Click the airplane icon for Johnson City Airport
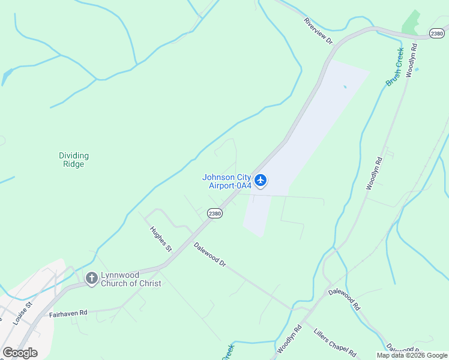[260, 180]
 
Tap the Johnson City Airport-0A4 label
[226, 181]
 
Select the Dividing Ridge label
[73, 160]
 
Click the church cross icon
[92, 278]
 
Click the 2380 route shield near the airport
[215, 213]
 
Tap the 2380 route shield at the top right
[438, 34]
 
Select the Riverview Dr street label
[318, 31]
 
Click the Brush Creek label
[395, 67]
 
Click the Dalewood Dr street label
[209, 254]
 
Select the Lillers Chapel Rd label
[335, 342]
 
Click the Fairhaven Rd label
[68, 313]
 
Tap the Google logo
[20, 353]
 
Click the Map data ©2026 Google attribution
[412, 355]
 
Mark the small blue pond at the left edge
[7, 76]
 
